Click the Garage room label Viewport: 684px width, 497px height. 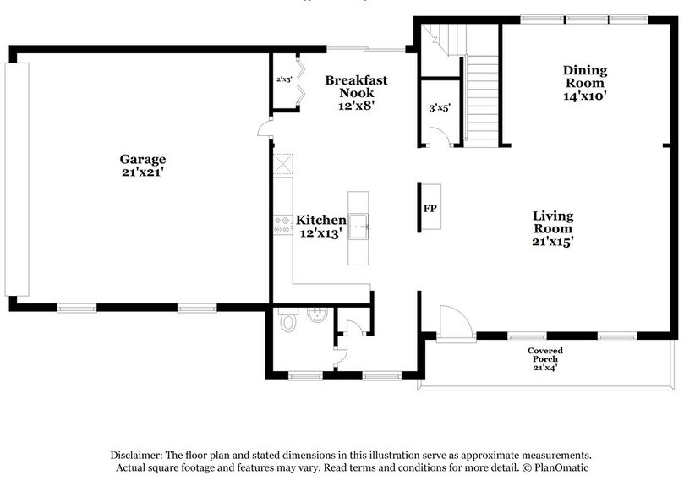click(x=142, y=159)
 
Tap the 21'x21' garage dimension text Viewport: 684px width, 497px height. click(x=142, y=172)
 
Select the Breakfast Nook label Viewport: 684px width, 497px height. click(x=356, y=86)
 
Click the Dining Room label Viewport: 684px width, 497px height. click(x=584, y=77)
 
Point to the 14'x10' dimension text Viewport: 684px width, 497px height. click(x=584, y=96)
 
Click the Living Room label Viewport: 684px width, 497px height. click(x=553, y=222)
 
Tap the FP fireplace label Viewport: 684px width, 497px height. click(x=430, y=208)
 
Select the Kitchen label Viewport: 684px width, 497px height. click(x=320, y=220)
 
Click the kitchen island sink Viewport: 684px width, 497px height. click(x=358, y=225)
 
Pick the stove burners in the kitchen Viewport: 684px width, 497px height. click(x=282, y=225)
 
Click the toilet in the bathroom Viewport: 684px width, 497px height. click(x=288, y=321)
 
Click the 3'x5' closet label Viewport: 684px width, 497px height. click(x=439, y=108)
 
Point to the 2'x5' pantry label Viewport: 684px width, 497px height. click(x=283, y=80)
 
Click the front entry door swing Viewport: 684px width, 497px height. click(x=455, y=323)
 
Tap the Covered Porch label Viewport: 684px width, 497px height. click(x=544, y=355)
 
